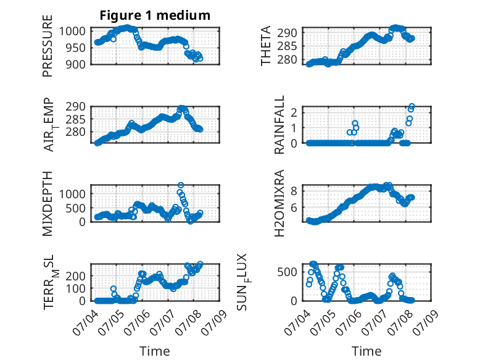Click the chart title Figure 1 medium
(155, 15)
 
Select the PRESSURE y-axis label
(48, 46)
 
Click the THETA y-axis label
(266, 46)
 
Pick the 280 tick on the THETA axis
(287, 60)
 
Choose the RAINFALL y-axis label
(279, 125)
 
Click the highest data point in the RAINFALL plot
(412, 106)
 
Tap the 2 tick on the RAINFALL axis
(294, 112)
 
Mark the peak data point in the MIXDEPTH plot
(181, 185)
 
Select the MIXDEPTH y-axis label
(48, 203)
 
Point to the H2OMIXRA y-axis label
(279, 203)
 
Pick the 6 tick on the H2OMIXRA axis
(294, 207)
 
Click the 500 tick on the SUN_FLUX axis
(287, 272)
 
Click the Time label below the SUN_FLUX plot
(366, 351)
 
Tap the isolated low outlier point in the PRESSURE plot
(114, 39)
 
